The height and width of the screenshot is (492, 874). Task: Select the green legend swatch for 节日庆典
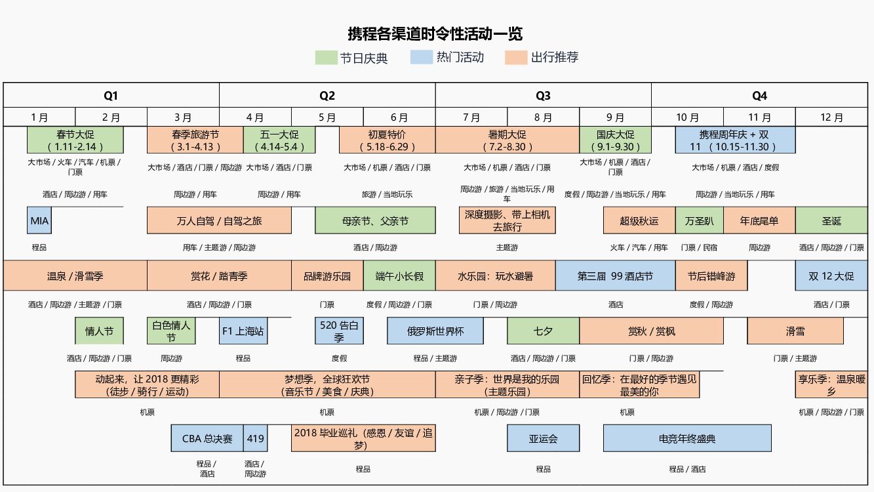pos(325,58)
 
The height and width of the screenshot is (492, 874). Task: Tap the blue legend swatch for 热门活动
pos(421,58)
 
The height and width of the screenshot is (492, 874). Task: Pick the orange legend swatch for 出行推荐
pos(516,58)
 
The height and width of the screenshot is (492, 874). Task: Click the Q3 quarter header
pos(543,96)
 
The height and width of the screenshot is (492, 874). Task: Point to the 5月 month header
pos(327,117)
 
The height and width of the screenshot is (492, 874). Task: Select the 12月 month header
pos(831,117)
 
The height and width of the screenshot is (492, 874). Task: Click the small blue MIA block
pos(39,221)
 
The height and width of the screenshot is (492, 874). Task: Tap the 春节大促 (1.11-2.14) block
pos(75,140)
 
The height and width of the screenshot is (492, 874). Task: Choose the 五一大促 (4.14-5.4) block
pos(279,140)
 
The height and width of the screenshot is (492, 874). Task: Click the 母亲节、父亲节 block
pos(375,221)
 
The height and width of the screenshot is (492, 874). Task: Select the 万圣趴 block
pos(700,221)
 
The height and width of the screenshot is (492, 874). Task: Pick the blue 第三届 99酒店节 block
pos(615,276)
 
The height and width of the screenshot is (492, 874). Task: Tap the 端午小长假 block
pos(399,276)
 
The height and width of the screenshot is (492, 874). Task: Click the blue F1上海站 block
pos(243,331)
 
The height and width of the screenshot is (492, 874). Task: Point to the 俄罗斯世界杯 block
pos(435,331)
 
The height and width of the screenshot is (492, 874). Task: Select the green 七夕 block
pos(543,331)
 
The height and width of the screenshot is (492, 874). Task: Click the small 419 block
pos(255,438)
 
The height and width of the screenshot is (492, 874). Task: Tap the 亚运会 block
pos(543,438)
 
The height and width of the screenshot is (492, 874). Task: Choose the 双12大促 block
pos(831,276)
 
